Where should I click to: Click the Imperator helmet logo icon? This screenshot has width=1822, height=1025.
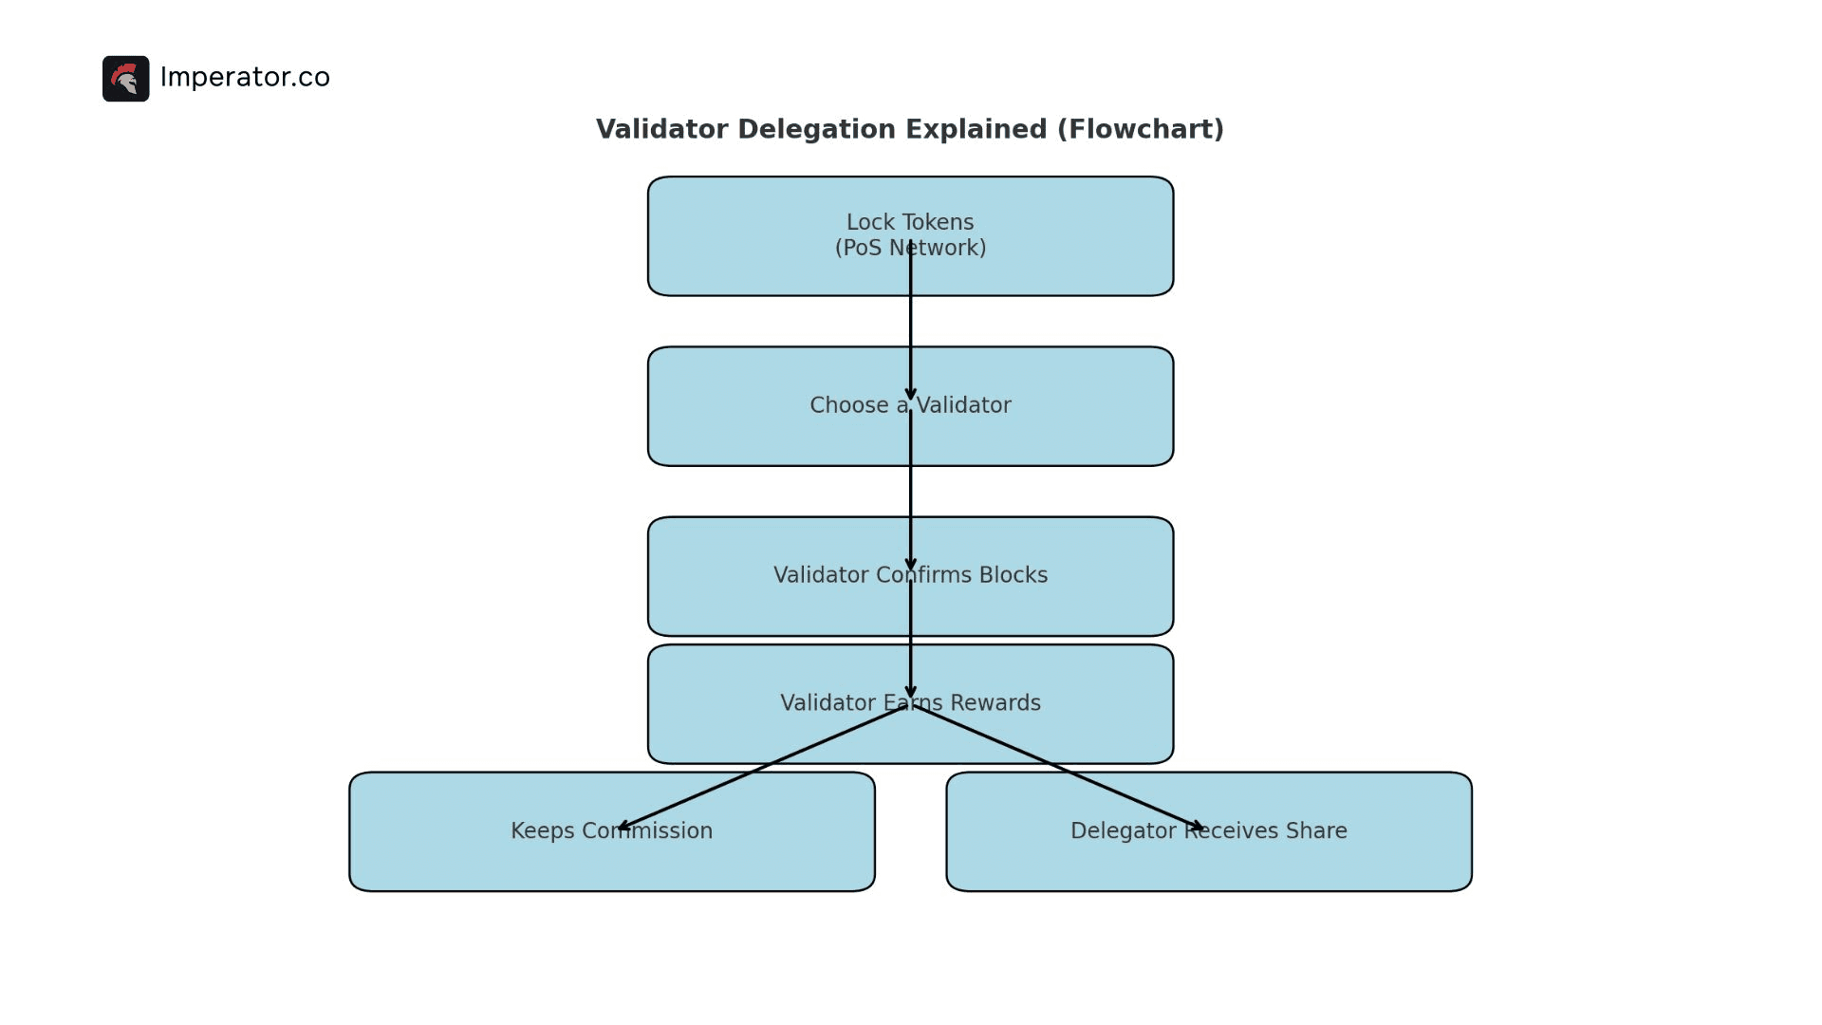click(x=125, y=79)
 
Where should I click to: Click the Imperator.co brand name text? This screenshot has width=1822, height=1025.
click(x=245, y=77)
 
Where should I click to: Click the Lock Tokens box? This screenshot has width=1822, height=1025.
click(x=759, y=237)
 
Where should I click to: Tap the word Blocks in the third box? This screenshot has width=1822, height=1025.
click(x=1013, y=575)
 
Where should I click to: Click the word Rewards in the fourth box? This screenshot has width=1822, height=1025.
click(x=995, y=703)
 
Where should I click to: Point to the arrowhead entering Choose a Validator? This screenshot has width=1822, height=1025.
click(x=910, y=394)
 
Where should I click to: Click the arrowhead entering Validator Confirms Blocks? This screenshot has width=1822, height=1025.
click(x=910, y=564)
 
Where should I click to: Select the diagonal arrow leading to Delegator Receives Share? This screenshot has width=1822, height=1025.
click(x=1058, y=768)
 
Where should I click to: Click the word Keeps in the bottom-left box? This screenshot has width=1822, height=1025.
click(x=542, y=831)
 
